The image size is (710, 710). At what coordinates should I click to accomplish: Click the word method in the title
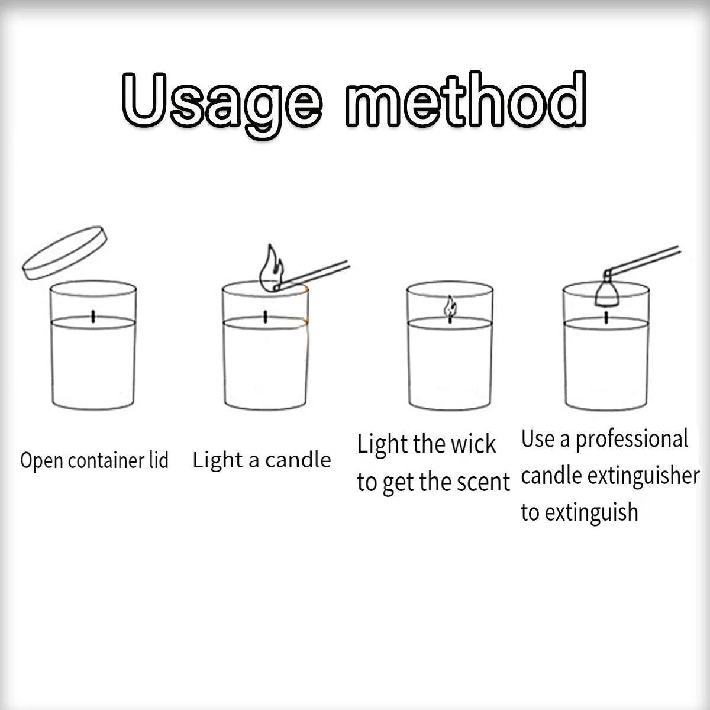coord(466,99)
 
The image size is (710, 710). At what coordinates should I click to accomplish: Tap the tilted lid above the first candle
coord(64,253)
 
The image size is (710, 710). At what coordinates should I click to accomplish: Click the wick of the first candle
coord(93,317)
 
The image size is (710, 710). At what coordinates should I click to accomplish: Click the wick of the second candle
coord(265,317)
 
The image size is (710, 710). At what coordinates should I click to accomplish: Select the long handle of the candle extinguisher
coord(643,260)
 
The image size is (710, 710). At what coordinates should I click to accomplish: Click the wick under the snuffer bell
coord(606,318)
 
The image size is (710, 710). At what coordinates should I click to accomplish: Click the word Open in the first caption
coord(41,461)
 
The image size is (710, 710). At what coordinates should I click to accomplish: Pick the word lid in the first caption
coord(159,460)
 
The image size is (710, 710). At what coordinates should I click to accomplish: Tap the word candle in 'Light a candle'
coord(298,460)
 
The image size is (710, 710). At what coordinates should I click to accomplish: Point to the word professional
coord(631,440)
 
